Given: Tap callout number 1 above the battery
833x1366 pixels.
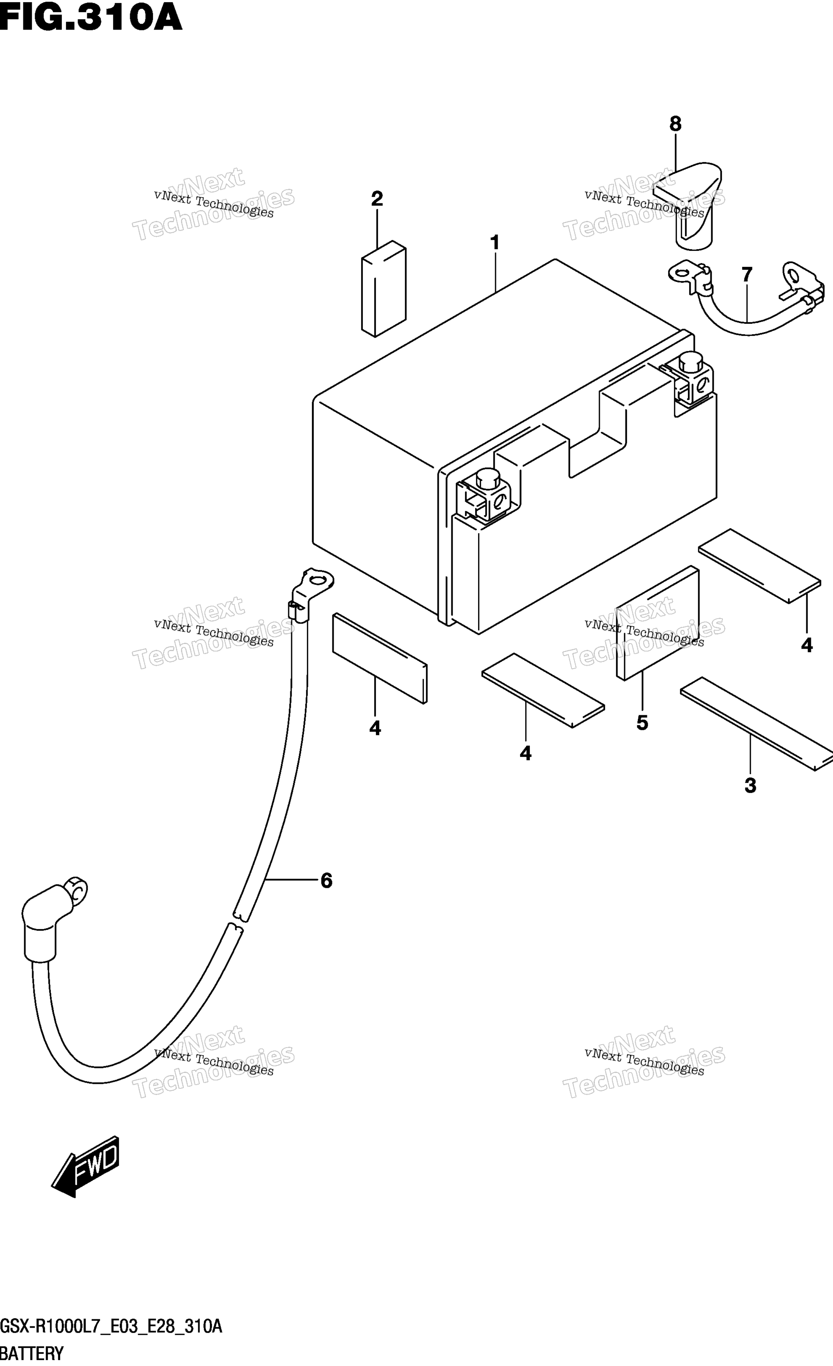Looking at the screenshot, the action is (495, 242).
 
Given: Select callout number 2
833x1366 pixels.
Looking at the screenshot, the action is (377, 198).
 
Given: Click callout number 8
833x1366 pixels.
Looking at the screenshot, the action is (675, 124).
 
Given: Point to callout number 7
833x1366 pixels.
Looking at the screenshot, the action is (747, 274).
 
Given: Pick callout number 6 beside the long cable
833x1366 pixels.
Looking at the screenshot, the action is (326, 880).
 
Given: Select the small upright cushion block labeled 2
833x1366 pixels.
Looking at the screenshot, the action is (384, 288).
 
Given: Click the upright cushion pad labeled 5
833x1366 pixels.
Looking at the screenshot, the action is (658, 623).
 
